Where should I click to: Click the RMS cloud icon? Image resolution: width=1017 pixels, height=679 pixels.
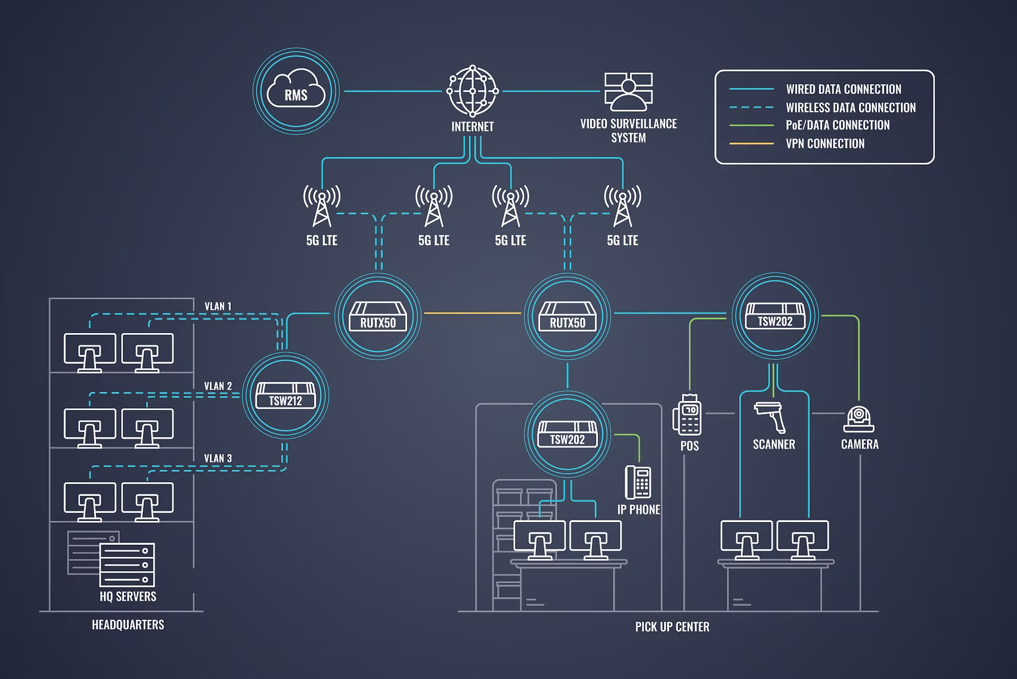click(296, 91)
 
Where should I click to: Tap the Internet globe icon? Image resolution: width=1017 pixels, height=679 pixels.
click(472, 91)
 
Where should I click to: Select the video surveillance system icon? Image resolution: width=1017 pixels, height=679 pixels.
click(628, 91)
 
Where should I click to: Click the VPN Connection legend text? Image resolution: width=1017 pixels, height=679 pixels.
click(824, 144)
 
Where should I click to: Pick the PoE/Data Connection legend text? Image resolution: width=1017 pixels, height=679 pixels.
click(837, 125)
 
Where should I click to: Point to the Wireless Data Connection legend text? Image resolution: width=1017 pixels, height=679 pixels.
click(850, 108)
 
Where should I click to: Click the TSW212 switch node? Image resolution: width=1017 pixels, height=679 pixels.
click(286, 396)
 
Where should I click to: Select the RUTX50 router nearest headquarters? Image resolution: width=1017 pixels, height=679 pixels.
click(378, 317)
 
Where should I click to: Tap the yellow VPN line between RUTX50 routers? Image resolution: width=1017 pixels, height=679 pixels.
click(472, 313)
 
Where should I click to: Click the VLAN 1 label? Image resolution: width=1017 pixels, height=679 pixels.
click(218, 307)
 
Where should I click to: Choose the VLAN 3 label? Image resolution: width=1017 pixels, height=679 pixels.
click(218, 459)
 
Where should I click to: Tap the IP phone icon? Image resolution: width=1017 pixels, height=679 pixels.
click(638, 482)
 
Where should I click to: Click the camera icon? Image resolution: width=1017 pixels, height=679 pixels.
click(859, 419)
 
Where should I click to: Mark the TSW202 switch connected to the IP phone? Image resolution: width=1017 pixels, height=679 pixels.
click(567, 434)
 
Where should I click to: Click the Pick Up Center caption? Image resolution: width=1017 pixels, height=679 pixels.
click(672, 627)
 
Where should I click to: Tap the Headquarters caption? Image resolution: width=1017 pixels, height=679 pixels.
click(128, 625)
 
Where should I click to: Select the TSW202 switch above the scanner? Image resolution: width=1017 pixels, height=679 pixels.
click(774, 317)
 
